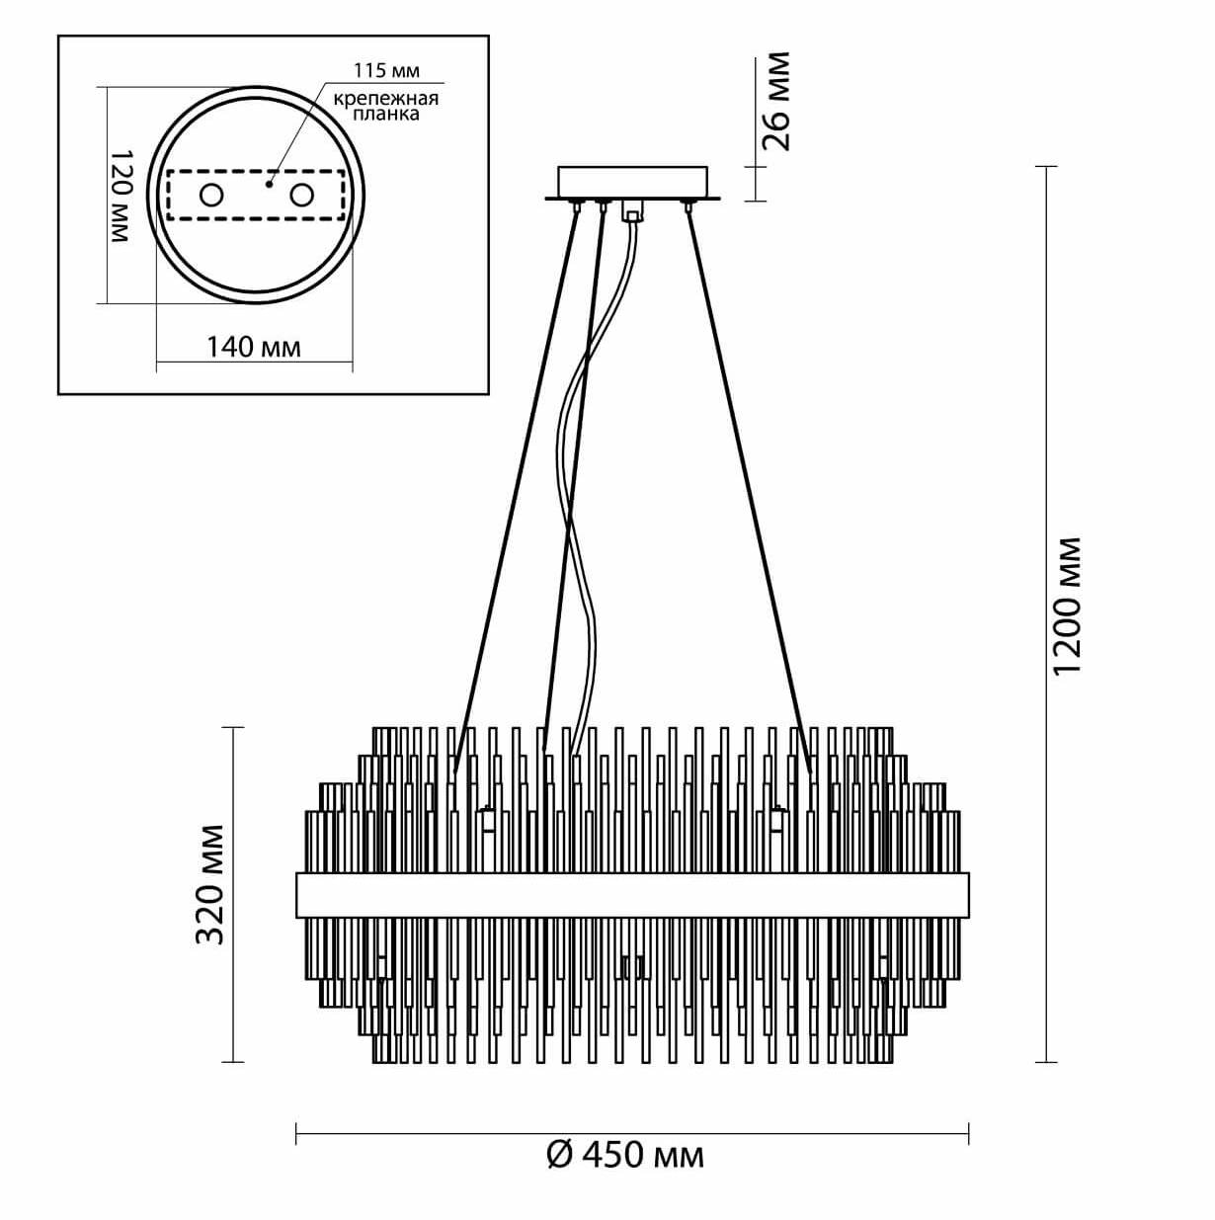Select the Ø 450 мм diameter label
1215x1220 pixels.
[x=626, y=1153]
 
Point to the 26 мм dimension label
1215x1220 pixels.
[x=777, y=102]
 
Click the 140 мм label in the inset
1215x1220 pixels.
[x=253, y=347]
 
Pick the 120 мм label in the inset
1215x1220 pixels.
[x=119, y=198]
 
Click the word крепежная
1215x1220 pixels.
[x=385, y=99]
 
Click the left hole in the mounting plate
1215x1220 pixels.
[x=211, y=196]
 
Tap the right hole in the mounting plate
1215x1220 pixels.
[x=300, y=196]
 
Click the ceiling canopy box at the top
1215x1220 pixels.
[x=633, y=182]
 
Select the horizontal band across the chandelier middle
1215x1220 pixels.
[x=632, y=895]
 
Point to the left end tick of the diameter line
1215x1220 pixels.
[x=296, y=1133]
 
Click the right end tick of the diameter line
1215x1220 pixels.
[x=968, y=1133]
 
